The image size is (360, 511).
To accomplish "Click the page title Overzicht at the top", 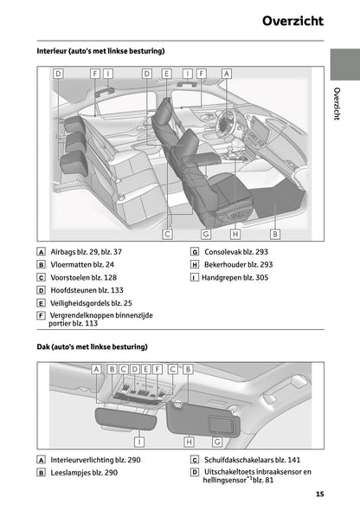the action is (x=293, y=21).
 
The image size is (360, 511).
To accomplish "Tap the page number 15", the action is (x=319, y=494).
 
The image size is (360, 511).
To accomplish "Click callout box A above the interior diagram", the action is (x=227, y=74).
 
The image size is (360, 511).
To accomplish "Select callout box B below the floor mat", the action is (x=275, y=234).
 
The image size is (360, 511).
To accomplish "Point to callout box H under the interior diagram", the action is (x=235, y=234).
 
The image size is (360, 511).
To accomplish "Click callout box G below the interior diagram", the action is (x=206, y=234).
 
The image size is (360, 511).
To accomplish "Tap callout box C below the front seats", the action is (x=167, y=234).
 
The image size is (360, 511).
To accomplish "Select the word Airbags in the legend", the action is (x=63, y=252).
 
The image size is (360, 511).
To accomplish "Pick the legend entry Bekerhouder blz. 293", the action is (x=238, y=265).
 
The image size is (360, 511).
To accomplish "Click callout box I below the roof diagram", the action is (x=139, y=442).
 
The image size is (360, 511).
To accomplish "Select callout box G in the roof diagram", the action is (x=217, y=442).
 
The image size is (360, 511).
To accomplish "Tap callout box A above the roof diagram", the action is (x=96, y=369).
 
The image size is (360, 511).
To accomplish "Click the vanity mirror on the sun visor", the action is (x=222, y=424).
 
